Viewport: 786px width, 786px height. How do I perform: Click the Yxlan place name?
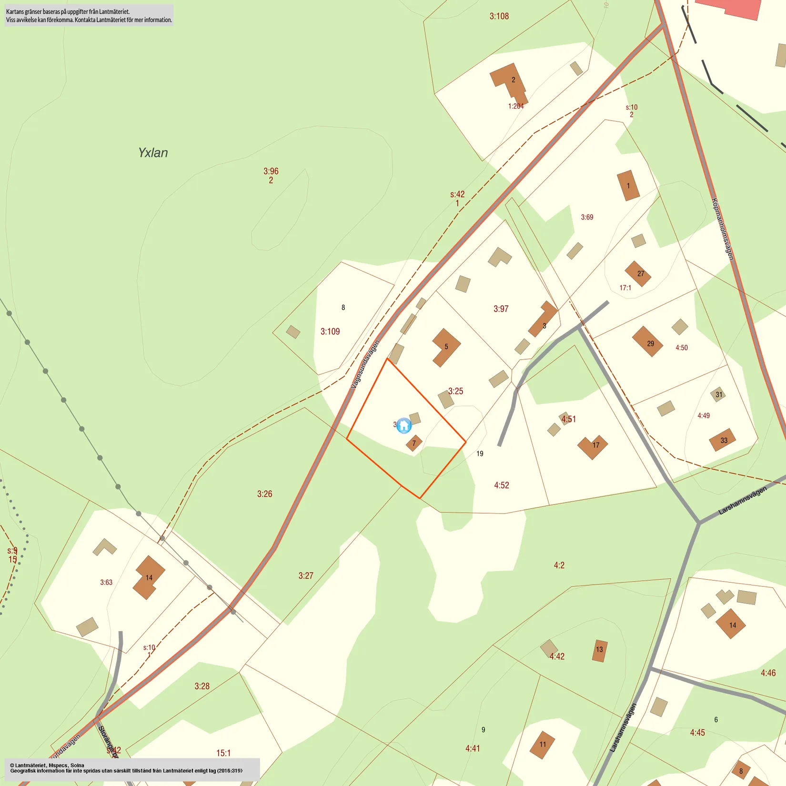tap(153, 153)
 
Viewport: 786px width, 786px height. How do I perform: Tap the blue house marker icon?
tap(404, 425)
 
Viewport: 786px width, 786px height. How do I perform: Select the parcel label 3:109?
tap(330, 332)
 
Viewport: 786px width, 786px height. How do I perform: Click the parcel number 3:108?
tap(499, 16)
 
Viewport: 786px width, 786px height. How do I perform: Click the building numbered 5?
tap(446, 347)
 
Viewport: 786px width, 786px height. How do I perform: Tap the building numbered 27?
tap(638, 273)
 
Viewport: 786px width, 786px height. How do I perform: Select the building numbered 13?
tap(600, 650)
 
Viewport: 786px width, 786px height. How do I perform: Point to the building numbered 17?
tap(593, 446)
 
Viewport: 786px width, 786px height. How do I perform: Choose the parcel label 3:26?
tap(265, 494)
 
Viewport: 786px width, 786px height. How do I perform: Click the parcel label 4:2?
tap(559, 565)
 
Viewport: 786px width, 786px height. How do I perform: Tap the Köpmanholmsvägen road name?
tap(722, 229)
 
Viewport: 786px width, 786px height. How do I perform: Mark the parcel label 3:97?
tap(501, 309)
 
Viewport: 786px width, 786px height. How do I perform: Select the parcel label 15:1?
tap(223, 753)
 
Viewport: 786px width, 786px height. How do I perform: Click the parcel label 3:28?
tap(202, 686)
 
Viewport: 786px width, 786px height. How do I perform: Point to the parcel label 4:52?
tap(502, 485)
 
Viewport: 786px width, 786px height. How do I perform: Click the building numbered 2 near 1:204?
tap(510, 81)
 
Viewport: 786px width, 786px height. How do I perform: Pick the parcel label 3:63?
tap(106, 583)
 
